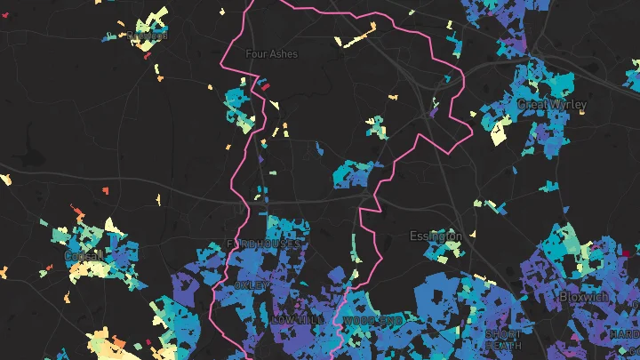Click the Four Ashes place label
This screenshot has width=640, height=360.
click(272, 53)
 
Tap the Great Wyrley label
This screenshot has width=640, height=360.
click(552, 104)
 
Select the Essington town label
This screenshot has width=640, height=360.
click(436, 236)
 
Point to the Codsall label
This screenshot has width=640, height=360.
click(84, 256)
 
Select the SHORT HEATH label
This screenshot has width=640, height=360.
click(504, 339)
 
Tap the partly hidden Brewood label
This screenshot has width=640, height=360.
click(148, 36)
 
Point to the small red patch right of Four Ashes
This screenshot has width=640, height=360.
click(264, 85)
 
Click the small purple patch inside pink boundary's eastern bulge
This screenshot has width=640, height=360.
click(434, 113)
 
